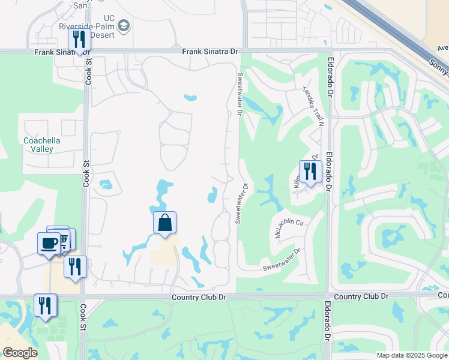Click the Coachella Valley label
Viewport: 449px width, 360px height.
[x=38, y=145]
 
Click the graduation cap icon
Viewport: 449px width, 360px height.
[x=123, y=25]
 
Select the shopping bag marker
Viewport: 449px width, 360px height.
[x=164, y=224]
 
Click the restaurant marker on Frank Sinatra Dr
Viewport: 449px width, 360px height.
[x=79, y=40]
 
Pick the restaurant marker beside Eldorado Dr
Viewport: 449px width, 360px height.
[x=310, y=172]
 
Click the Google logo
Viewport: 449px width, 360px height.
[x=20, y=353]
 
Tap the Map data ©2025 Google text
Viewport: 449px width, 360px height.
[x=411, y=355]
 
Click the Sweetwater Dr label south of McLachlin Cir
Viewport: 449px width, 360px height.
[x=281, y=262]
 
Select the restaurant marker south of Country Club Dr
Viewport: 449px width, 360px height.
[x=45, y=305]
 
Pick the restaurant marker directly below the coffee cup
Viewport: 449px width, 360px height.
[x=75, y=266]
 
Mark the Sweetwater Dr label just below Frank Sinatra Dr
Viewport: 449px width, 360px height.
[x=240, y=95]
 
